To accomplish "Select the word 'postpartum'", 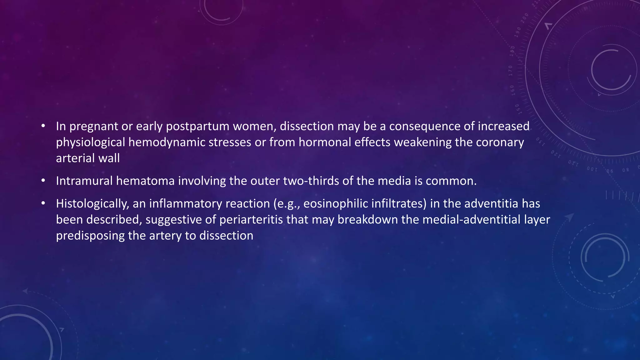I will [x=197, y=127].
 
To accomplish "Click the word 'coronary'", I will [x=500, y=142].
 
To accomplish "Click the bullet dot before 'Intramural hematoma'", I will [x=43, y=181].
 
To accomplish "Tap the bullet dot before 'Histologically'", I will [x=43, y=204].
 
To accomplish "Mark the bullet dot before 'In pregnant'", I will [x=43, y=126].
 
